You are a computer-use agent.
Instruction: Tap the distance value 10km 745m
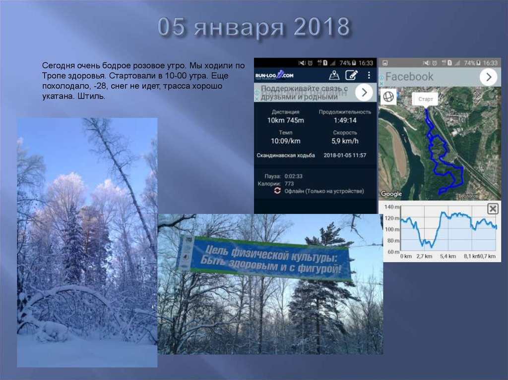coord(285,120)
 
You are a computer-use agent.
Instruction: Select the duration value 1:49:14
coord(344,120)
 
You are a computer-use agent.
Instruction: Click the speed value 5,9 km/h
coord(344,141)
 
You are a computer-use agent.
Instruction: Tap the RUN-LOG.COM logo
coord(274,75)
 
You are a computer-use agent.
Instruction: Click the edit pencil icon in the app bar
coord(351,75)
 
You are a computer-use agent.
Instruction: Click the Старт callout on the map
coord(425,99)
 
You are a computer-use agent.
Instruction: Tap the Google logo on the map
coord(391,194)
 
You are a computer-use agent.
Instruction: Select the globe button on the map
coord(388,97)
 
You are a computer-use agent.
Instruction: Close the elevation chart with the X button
coord(492,209)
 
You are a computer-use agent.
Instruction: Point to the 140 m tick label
coord(391,207)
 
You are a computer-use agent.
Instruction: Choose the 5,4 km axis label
coord(447,256)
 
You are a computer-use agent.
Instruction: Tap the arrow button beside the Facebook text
coord(488,77)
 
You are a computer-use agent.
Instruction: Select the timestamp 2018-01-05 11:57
coord(344,155)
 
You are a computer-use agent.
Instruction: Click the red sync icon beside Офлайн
coord(277,191)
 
